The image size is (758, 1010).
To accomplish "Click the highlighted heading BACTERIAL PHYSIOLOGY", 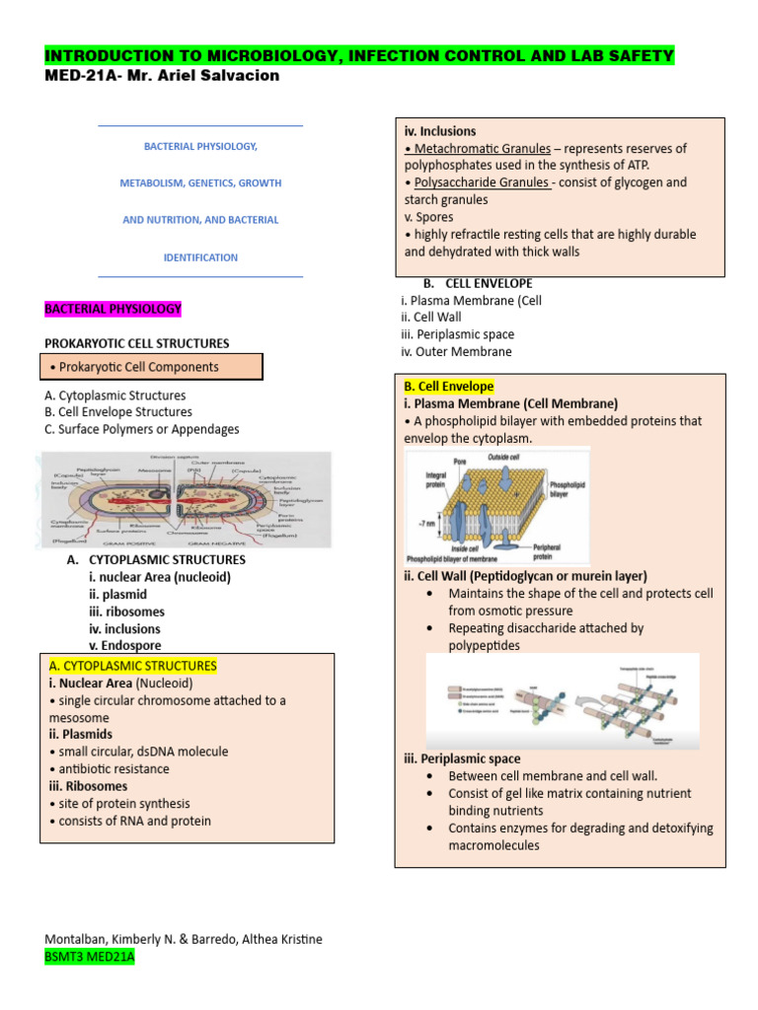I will (114, 309).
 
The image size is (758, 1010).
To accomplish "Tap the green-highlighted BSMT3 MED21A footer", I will (90, 957).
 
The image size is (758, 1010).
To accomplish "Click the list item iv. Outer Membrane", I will (456, 351).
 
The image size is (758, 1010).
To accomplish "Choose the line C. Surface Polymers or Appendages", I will (142, 429).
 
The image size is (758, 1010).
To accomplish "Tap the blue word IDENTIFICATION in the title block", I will (200, 257).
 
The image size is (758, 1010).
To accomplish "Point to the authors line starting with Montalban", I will (184, 939).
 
